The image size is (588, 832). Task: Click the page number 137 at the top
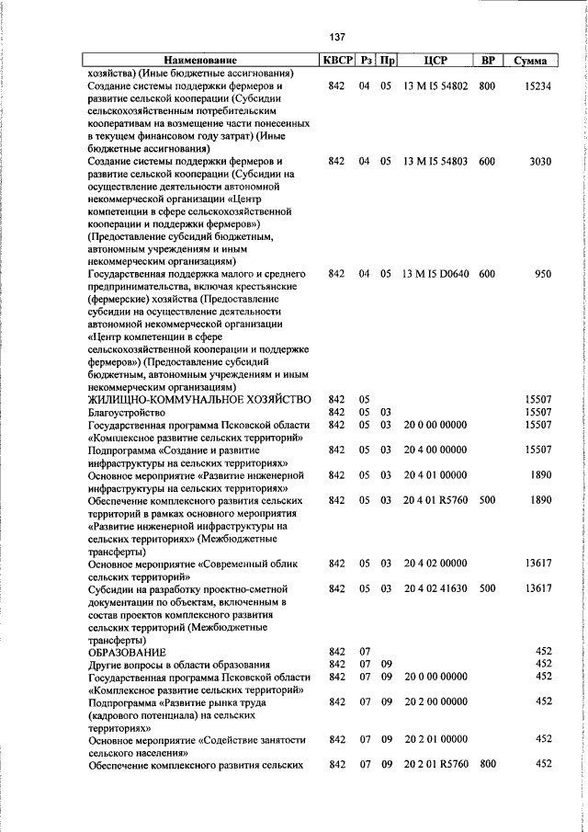(336, 37)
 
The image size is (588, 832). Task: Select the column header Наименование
(200, 61)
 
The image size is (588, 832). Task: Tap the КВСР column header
(335, 61)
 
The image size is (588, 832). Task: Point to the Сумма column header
(531, 61)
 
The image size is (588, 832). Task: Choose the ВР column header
(488, 61)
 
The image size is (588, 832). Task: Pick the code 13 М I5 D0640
(435, 274)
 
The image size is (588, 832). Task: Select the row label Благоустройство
(126, 413)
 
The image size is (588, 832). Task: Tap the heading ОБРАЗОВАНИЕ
(130, 651)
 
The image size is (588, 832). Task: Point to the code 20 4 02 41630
(435, 587)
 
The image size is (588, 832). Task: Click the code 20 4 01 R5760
(435, 500)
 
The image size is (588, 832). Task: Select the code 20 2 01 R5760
(435, 764)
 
